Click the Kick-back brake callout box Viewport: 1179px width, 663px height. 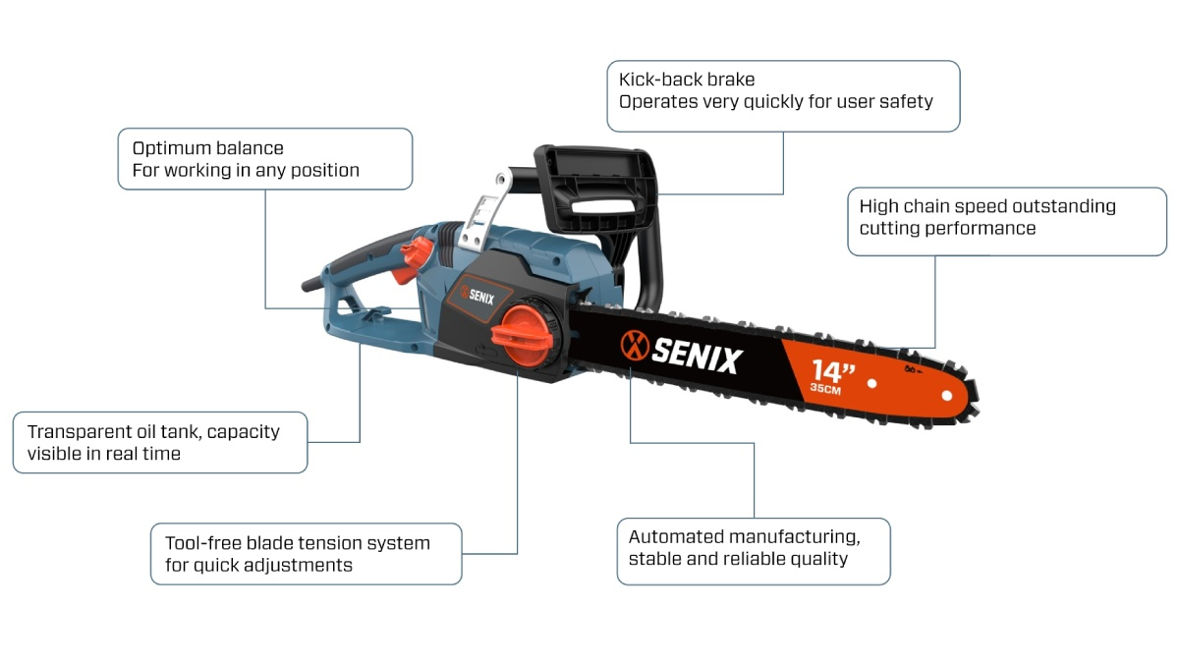(783, 96)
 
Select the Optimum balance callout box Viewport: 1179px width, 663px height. (264, 159)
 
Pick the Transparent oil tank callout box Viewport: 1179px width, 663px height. (160, 442)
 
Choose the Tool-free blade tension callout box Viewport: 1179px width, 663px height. (306, 554)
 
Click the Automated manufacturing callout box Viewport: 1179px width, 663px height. (754, 552)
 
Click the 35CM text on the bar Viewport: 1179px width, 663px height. (825, 390)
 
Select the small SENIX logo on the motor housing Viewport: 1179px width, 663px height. (474, 294)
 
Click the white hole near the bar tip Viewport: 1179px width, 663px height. (947, 396)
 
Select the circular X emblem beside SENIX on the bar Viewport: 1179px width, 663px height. (635, 346)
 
